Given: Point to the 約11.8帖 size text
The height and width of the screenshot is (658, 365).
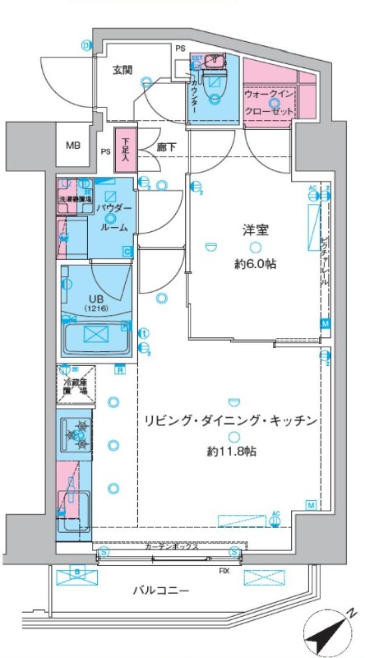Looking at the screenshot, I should coord(231,452).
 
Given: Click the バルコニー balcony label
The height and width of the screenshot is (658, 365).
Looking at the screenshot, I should coord(161,591).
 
